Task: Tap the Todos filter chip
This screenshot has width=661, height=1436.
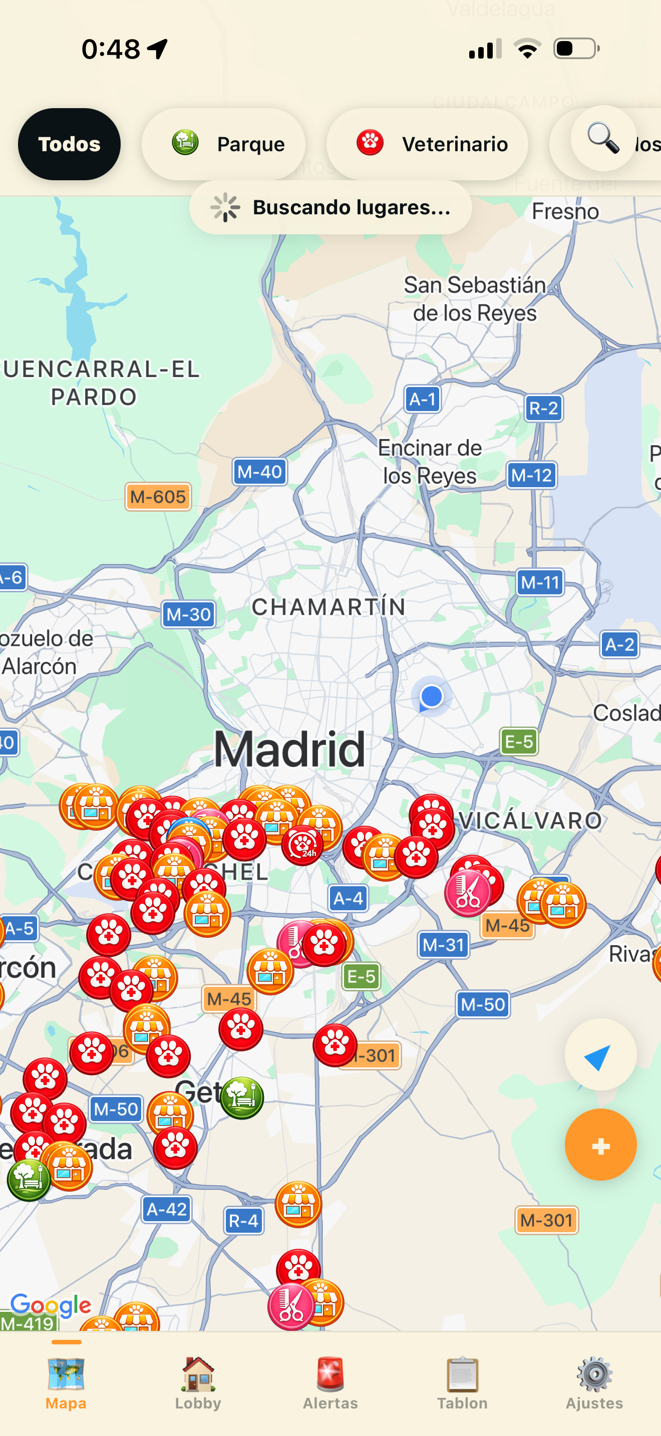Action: coord(69,144)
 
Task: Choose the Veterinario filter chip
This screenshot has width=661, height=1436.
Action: coord(427,144)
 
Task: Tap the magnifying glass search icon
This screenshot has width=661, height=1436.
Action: coord(603,138)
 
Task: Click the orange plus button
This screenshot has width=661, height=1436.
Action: coord(600,1146)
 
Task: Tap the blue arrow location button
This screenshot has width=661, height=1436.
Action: coord(600,1055)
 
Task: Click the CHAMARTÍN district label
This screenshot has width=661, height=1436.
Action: coord(328,607)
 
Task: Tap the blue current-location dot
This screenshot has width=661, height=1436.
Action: coord(431,696)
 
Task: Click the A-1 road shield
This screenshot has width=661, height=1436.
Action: coord(423,399)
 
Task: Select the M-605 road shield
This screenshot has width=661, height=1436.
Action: coord(158,497)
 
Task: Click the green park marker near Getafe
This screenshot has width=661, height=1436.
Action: coord(242,1098)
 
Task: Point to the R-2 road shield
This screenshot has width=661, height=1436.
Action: coord(543,408)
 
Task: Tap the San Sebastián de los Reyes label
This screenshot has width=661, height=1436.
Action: coord(475,299)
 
